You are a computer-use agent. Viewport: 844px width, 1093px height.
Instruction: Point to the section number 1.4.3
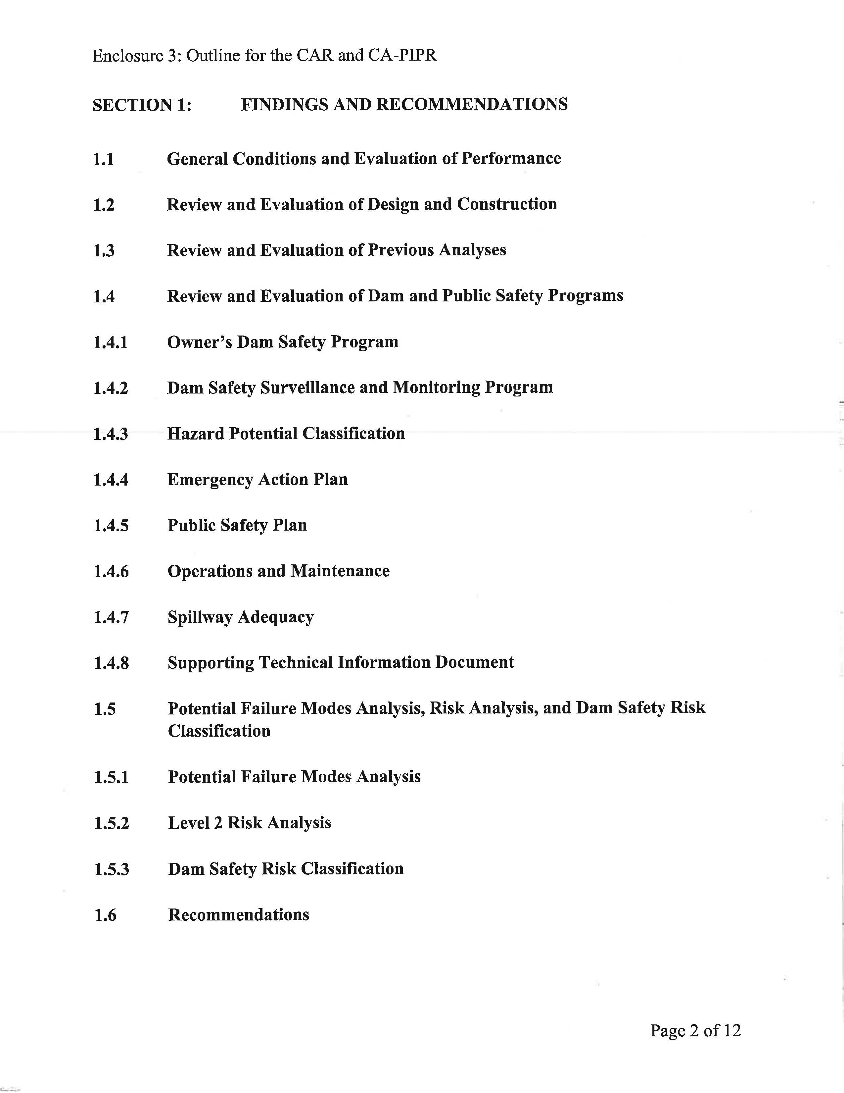111,434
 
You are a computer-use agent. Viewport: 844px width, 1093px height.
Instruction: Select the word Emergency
210,480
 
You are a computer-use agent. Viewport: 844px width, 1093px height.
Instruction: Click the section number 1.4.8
111,663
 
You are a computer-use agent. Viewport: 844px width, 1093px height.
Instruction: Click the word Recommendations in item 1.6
239,915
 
